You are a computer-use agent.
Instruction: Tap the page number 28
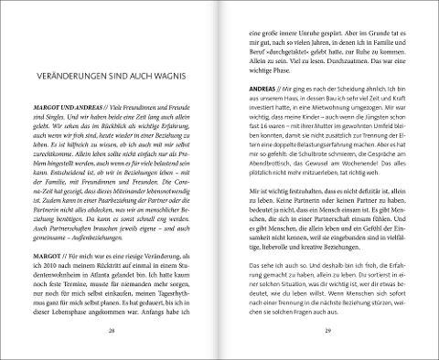pos(111,329)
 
